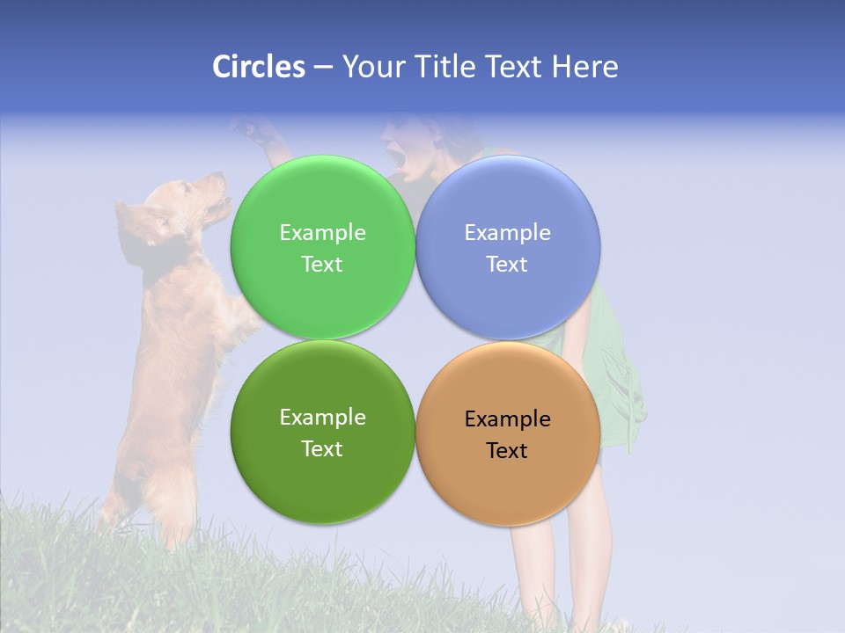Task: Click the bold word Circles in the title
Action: [x=258, y=67]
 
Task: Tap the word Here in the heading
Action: [x=584, y=67]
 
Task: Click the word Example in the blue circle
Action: [x=507, y=233]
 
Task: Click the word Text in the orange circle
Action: [x=507, y=451]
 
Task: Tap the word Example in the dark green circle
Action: [x=322, y=418]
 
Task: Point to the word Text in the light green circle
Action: [x=322, y=265]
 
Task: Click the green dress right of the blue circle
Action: [x=616, y=352]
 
